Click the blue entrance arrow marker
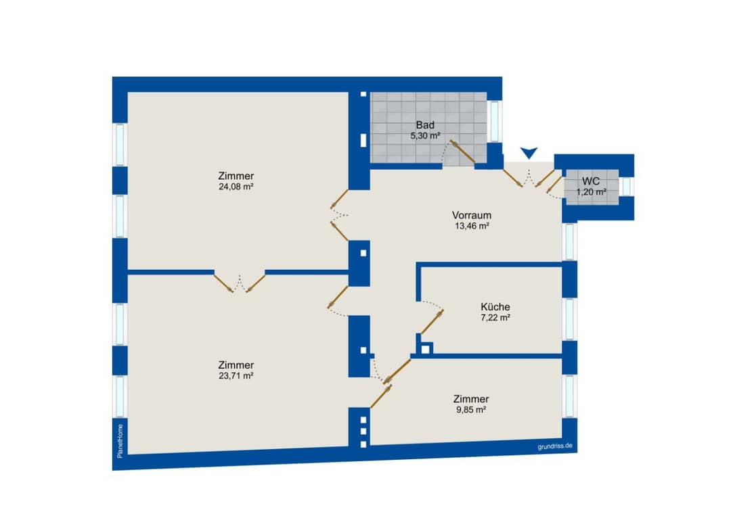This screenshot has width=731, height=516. (529, 153)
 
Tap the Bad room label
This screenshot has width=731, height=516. (425, 125)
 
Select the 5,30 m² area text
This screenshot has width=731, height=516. (425, 136)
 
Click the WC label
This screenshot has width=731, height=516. (591, 181)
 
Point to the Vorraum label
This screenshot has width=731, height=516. (471, 215)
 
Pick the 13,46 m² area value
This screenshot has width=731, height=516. (472, 227)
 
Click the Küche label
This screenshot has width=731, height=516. (495, 307)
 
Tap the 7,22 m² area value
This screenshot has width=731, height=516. (495, 318)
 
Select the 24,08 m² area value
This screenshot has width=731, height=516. (236, 187)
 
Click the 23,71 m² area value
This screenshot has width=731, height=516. (236, 376)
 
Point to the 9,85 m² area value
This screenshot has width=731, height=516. (471, 410)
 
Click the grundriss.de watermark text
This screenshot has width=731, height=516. (555, 446)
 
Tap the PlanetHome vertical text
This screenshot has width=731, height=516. (120, 440)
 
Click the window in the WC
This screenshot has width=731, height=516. (627, 187)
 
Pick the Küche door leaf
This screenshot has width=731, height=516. (432, 322)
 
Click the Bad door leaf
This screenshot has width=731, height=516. (462, 152)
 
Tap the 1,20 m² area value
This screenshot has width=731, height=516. (591, 192)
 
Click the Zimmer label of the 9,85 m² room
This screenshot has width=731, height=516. (471, 399)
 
